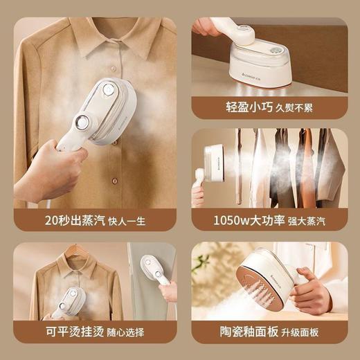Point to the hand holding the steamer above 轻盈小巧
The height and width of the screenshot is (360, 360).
coord(208,28)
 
